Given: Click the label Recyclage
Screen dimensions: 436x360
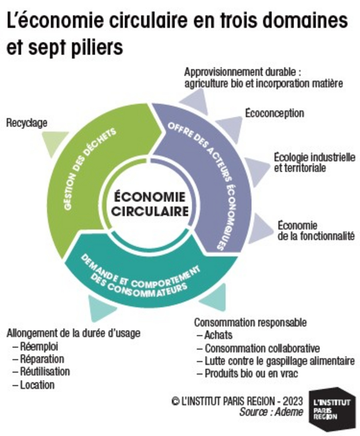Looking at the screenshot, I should [x=27, y=123].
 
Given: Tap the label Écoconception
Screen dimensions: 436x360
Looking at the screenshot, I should [x=274, y=113].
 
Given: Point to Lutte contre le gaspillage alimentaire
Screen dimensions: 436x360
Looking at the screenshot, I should [x=279, y=361].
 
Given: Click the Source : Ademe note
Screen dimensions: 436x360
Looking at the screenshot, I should [x=271, y=412].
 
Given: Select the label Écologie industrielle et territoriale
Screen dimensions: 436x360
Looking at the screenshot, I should [x=314, y=162].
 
